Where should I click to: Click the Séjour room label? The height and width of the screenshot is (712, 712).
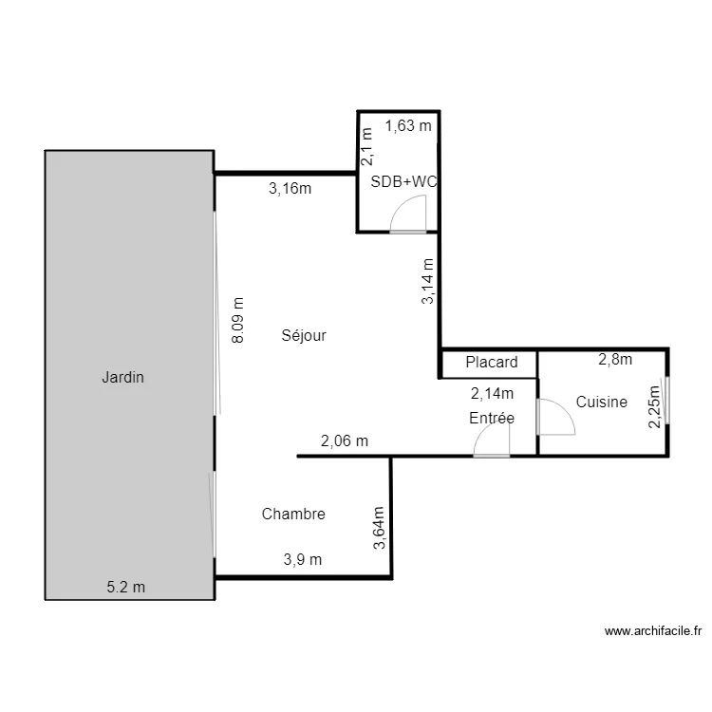tap(304, 335)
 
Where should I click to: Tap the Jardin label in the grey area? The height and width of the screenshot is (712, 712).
tap(122, 377)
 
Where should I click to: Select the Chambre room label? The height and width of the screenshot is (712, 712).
tap(293, 514)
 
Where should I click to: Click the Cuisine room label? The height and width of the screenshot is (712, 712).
tap(601, 402)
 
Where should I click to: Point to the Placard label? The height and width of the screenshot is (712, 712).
tap(491, 362)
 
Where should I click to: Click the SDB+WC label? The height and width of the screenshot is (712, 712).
tap(403, 180)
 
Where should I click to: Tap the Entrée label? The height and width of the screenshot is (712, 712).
tap(491, 418)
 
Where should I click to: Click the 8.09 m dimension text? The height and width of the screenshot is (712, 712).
tap(237, 319)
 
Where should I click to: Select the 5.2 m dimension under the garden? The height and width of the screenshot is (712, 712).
tap(125, 587)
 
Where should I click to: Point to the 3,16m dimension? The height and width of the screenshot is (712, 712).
tap(290, 188)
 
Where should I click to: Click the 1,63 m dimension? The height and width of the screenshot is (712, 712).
tap(408, 124)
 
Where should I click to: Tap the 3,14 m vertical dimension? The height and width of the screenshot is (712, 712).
tap(428, 281)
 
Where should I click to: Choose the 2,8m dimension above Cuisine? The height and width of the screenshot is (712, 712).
tap(614, 359)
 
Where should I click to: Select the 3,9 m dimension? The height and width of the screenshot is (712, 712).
tap(303, 559)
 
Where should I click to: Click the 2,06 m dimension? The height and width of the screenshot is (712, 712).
tap(345, 440)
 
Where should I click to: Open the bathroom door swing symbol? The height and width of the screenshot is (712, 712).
tap(408, 218)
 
